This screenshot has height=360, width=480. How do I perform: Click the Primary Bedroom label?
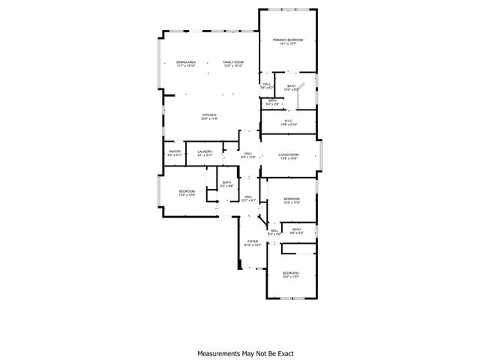pyautogui.click(x=288, y=40)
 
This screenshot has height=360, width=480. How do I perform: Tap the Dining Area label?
pyautogui.click(x=186, y=62)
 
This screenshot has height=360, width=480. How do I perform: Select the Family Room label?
pyautogui.click(x=233, y=62)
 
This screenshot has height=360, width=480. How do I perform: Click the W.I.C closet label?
pyautogui.click(x=288, y=121)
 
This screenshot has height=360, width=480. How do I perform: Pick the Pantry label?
pyautogui.click(x=174, y=152)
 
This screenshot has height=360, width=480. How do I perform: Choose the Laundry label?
pyautogui.click(x=204, y=152)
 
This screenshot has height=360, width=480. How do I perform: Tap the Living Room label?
pyautogui.click(x=289, y=154)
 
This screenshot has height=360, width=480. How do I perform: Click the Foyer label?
pyautogui.click(x=252, y=241)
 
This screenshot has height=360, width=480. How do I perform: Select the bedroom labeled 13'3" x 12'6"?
pyautogui.click(x=187, y=192)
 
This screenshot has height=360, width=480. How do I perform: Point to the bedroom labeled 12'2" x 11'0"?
pyautogui.click(x=291, y=199)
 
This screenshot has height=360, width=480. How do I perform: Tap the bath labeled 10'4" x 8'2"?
pyautogui.click(x=291, y=86)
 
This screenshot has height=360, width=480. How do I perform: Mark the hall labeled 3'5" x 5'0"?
pyautogui.click(x=274, y=231)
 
